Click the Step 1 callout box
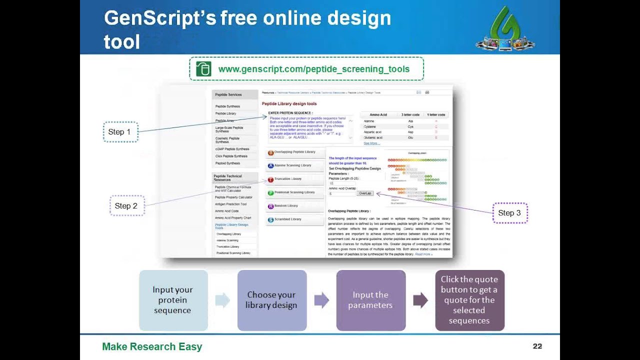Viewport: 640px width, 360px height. coord(120,132)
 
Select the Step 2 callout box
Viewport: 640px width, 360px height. coord(127,206)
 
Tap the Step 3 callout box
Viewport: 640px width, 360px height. coord(509,213)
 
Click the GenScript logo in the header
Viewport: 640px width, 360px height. coord(505,29)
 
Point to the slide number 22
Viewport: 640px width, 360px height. coord(537,346)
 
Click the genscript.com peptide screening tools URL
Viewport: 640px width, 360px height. coord(314,69)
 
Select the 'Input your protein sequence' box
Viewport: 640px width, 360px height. coord(173,300)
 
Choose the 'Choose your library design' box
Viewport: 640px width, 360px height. coord(271,300)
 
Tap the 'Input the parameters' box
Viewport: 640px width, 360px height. coord(370,300)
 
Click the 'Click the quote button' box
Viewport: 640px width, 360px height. coord(469,300)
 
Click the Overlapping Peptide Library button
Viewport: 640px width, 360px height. coord(294,152)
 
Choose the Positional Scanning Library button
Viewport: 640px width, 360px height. coord(294,192)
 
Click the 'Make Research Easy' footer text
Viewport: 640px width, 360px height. coord(152,346)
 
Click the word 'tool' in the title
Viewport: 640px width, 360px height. coord(121,42)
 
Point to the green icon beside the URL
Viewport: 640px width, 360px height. coord(203,69)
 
